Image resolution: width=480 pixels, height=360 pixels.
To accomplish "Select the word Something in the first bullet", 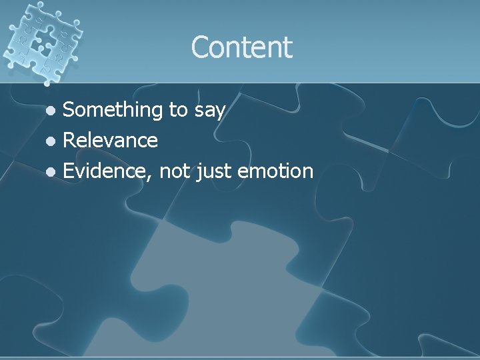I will pos(113,110).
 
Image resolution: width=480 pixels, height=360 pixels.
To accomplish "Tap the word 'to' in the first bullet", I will pos(179,110).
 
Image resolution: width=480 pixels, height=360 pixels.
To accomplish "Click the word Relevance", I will pos(110,140).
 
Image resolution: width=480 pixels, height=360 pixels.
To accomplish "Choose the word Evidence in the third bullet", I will pos(106,171).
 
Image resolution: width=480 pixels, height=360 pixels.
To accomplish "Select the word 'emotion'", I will pos(275,171).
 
